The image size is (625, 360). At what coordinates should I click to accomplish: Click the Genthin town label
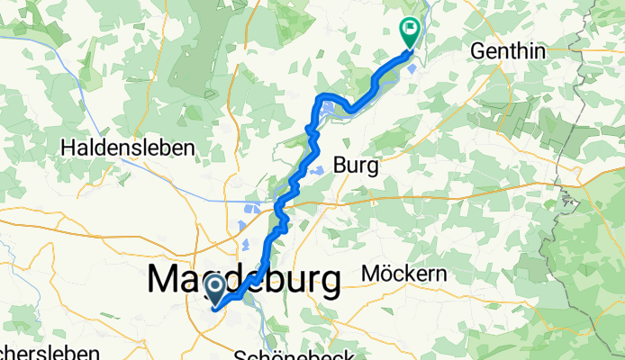(x=509, y=51)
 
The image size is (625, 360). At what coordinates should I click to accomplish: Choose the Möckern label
(x=404, y=273)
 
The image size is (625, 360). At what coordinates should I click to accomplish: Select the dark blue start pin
(x=216, y=290)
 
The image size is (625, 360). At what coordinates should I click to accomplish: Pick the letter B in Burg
(x=340, y=165)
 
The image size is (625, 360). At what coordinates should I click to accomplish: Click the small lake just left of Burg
(x=316, y=169)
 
